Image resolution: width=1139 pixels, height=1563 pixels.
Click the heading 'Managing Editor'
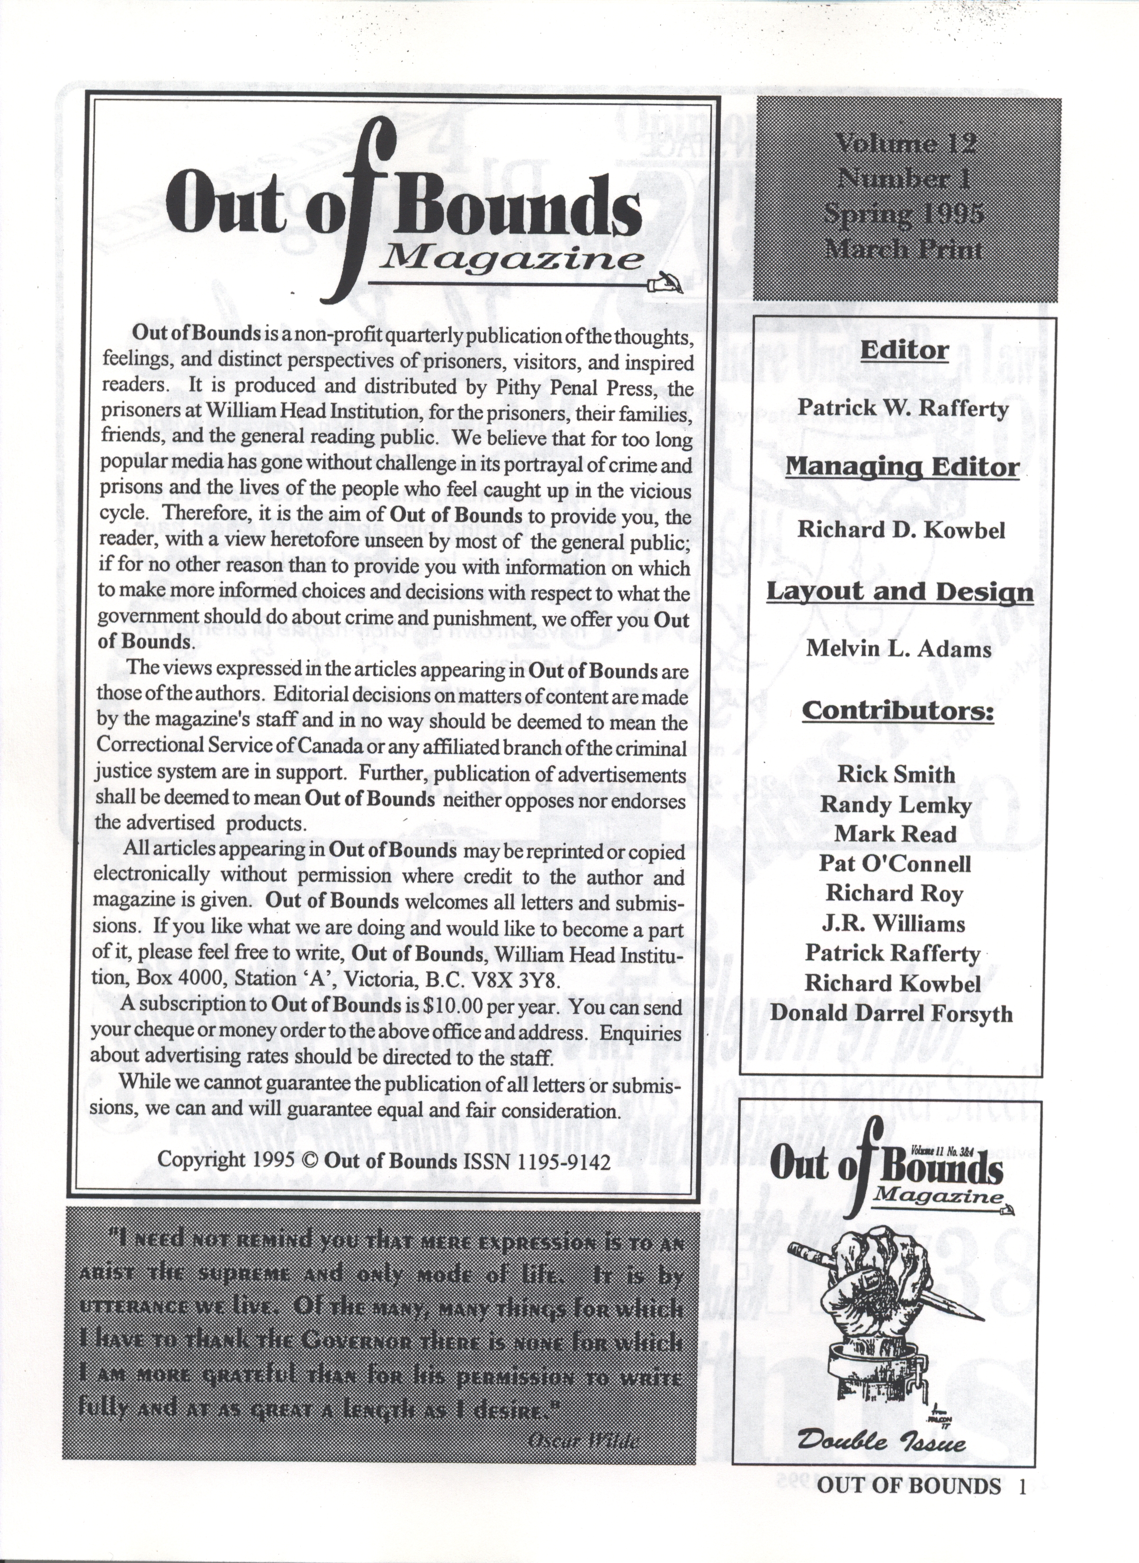click(x=902, y=467)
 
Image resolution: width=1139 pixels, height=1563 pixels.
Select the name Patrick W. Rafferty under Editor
click(x=903, y=408)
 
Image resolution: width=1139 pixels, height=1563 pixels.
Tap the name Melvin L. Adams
click(x=898, y=649)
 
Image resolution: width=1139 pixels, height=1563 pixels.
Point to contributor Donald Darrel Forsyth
click(x=891, y=1014)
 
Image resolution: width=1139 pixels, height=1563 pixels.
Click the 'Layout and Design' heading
click(x=900, y=592)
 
